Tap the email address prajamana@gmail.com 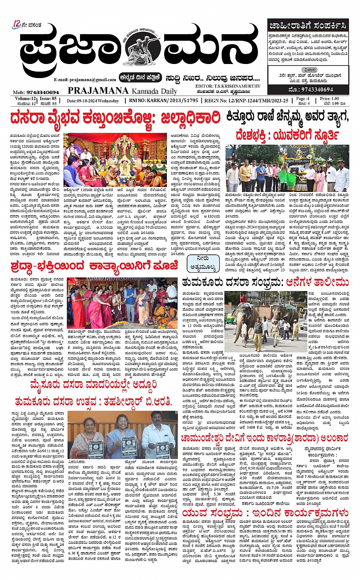(85, 80)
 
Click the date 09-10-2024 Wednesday (93, 101)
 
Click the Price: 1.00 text (330, 99)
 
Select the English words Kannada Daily (155, 91)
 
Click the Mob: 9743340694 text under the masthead (36, 92)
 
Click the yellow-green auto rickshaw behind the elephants (230, 318)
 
